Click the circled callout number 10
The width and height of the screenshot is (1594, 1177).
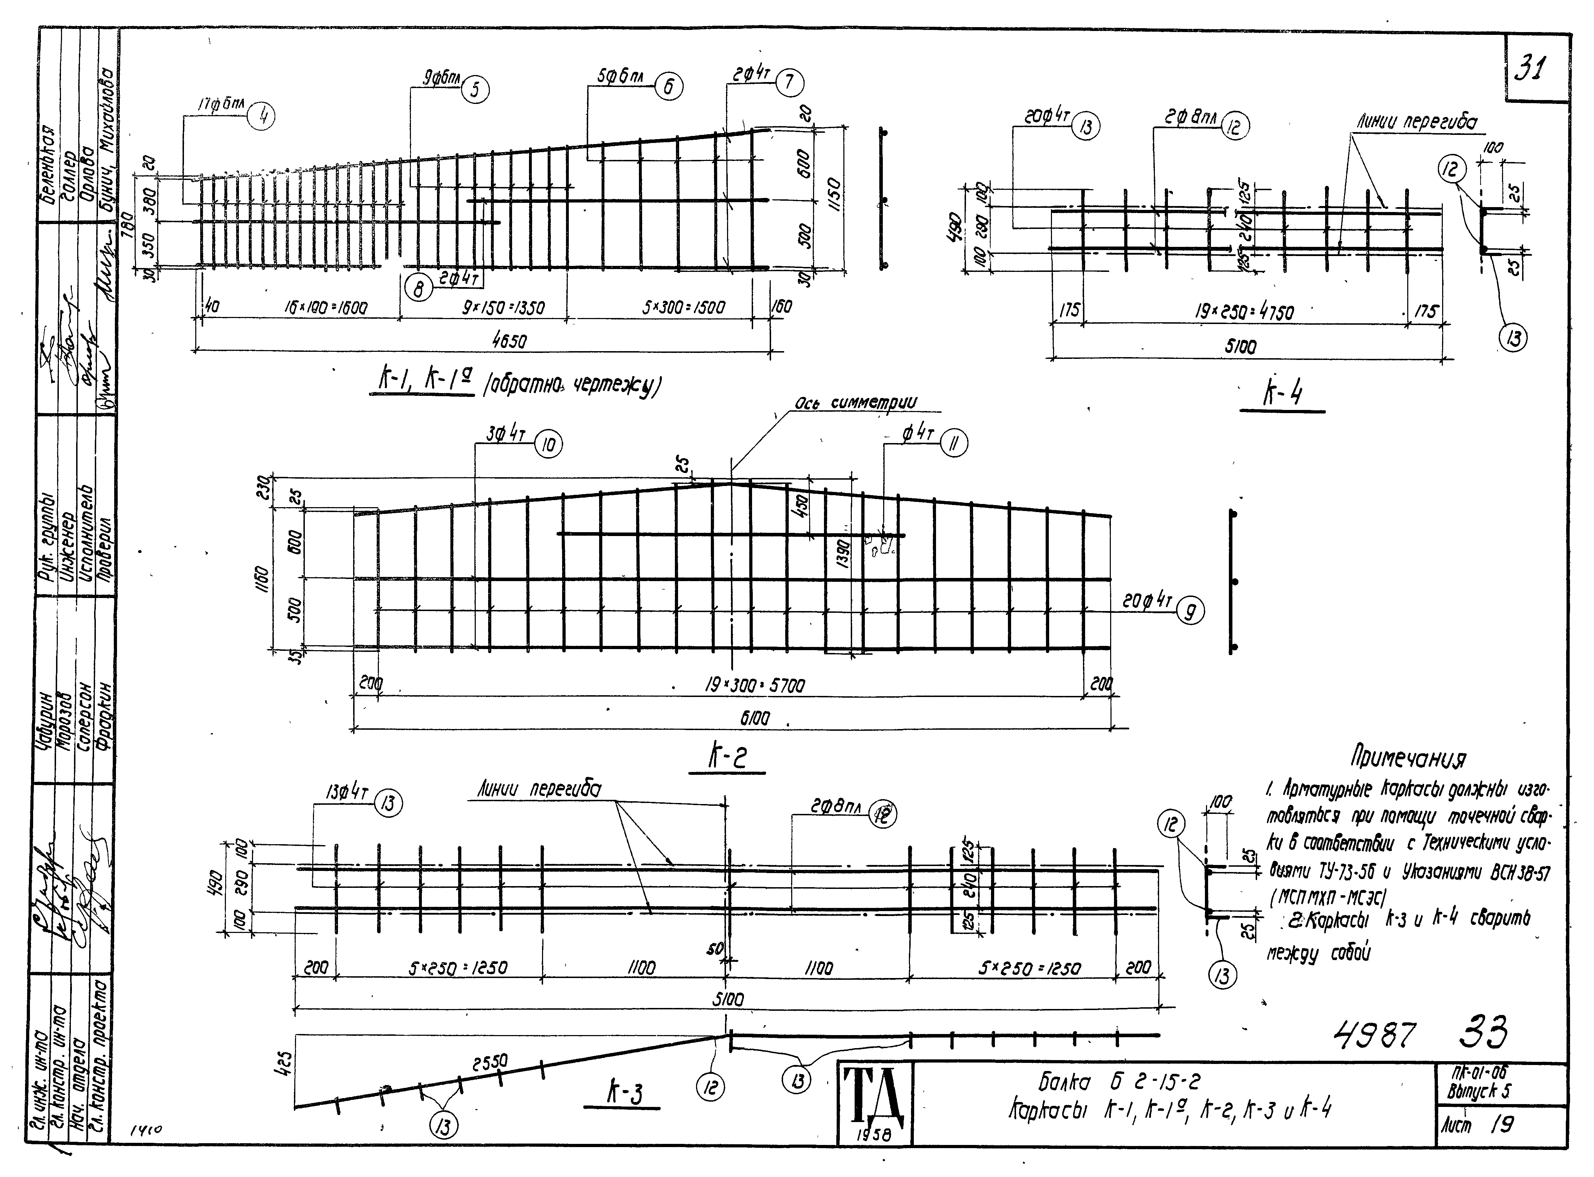[548, 445]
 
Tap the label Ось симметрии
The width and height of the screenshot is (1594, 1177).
[855, 403]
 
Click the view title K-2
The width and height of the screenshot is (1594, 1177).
[727, 756]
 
